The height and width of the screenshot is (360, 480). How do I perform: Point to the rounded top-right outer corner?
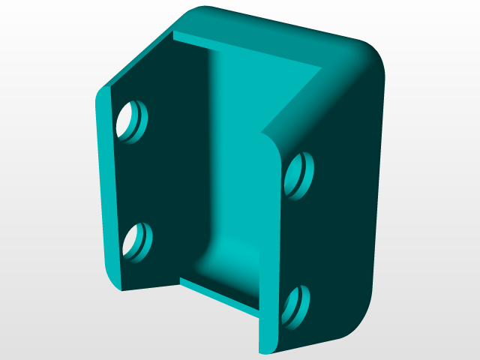click(x=367, y=56)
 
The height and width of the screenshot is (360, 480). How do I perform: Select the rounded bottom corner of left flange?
click(x=112, y=281)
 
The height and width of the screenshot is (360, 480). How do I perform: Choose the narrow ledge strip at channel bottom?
click(x=217, y=292)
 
